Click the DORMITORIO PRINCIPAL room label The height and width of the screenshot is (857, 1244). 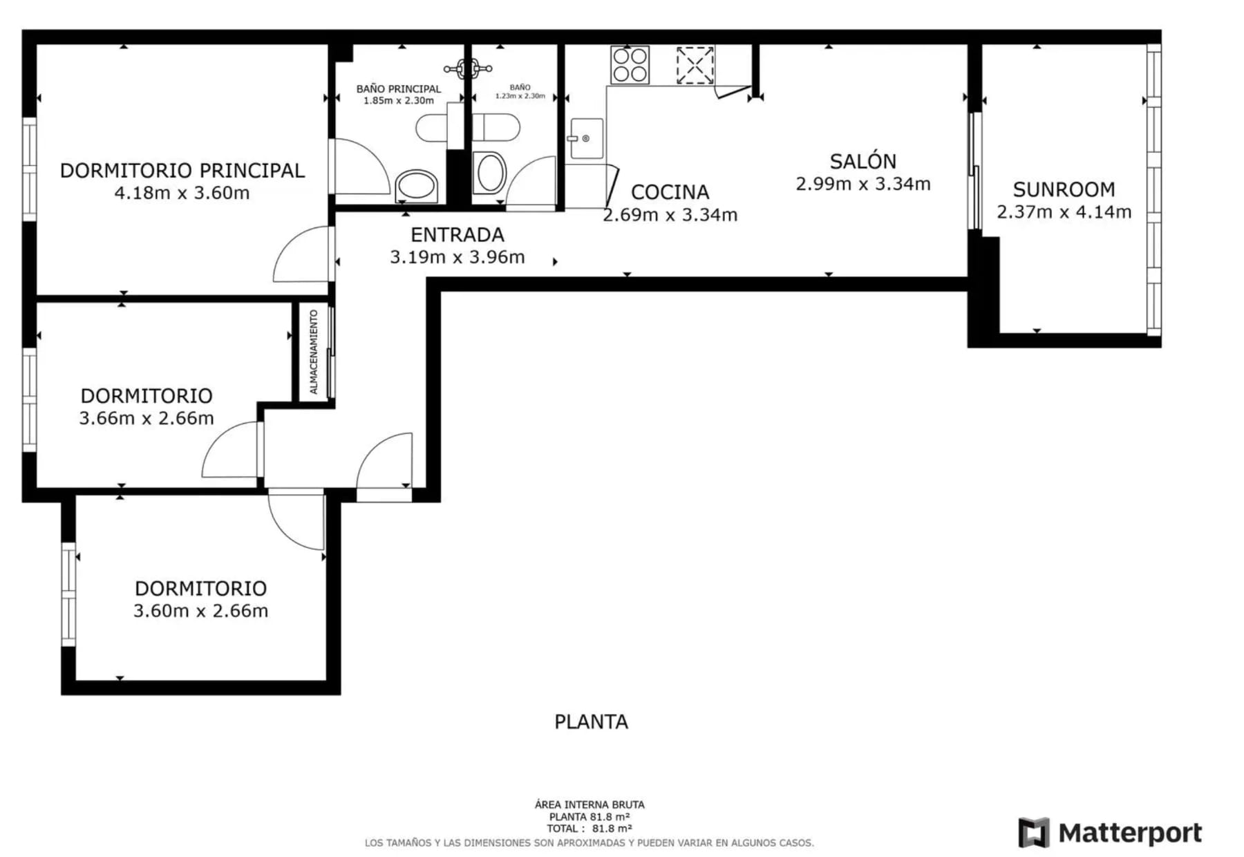tap(182, 171)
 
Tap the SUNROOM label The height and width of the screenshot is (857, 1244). tap(1064, 189)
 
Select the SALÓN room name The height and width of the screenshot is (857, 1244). tap(863, 161)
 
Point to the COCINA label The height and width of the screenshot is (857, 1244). tap(670, 192)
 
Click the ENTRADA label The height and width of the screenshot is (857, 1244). tap(458, 235)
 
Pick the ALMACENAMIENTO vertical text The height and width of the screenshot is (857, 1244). tap(314, 352)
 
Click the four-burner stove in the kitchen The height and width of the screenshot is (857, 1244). tap(630, 65)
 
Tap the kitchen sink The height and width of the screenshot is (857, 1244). tap(586, 138)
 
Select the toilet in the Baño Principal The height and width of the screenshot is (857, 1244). tap(417, 187)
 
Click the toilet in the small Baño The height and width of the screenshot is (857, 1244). tap(490, 172)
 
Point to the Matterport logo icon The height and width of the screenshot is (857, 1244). tap(1033, 832)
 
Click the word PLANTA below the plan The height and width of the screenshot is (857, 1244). tap(592, 722)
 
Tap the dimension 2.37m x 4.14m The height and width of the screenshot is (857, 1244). tap(1064, 212)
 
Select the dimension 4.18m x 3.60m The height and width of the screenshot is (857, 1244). tap(182, 193)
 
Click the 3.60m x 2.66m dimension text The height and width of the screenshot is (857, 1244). tap(201, 611)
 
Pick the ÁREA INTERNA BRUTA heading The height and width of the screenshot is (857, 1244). tap(590, 804)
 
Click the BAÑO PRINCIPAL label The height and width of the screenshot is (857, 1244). tap(399, 88)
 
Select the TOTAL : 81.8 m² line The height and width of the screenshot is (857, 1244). tap(590, 829)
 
